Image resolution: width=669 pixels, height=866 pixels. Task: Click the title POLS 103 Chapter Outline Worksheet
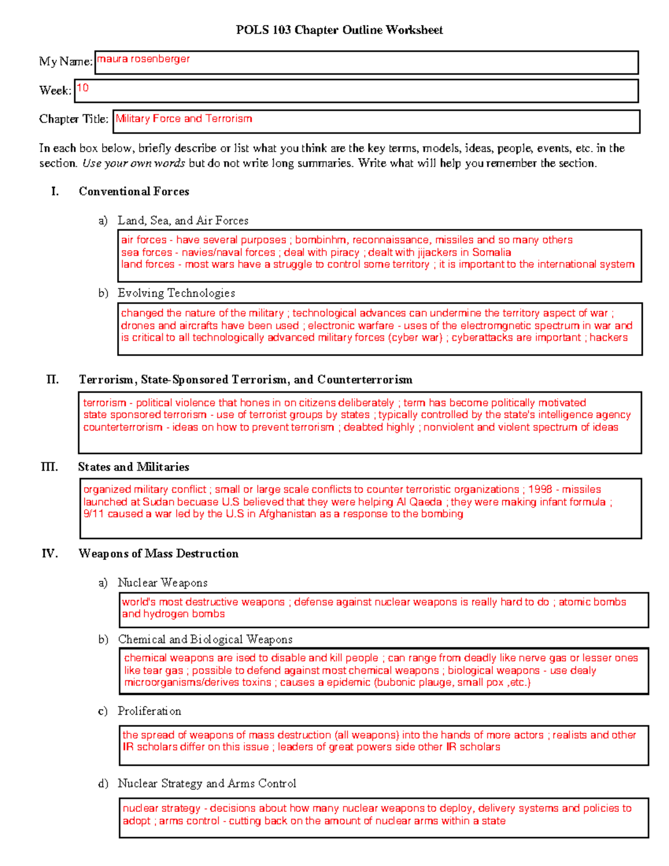coord(339,30)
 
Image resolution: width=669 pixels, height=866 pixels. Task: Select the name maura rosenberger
coord(143,59)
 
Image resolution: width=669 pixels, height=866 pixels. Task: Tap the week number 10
coord(83,88)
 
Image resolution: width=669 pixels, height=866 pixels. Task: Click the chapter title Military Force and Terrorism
coord(183,119)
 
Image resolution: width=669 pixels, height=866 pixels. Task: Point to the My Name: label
coord(65,61)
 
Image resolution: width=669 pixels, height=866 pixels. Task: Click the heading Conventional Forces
coord(134,191)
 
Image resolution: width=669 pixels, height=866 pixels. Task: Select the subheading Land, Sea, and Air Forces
coord(183,220)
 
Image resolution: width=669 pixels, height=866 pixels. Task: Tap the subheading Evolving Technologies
coord(176,293)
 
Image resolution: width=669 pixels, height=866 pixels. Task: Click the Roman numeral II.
coord(52,380)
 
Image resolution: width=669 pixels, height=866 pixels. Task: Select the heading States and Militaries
coord(133,467)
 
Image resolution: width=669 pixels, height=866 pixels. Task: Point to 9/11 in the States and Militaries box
coord(94,514)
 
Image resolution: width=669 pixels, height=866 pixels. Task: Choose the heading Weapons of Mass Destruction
coord(158,553)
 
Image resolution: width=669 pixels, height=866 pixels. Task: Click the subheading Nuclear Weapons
coord(162,583)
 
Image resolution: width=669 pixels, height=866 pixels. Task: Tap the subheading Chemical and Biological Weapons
coord(205,639)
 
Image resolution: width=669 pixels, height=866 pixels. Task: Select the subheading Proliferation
coord(149,711)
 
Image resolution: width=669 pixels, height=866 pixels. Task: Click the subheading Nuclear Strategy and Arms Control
coord(207,783)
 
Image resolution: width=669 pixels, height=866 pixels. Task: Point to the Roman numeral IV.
coord(50,553)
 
